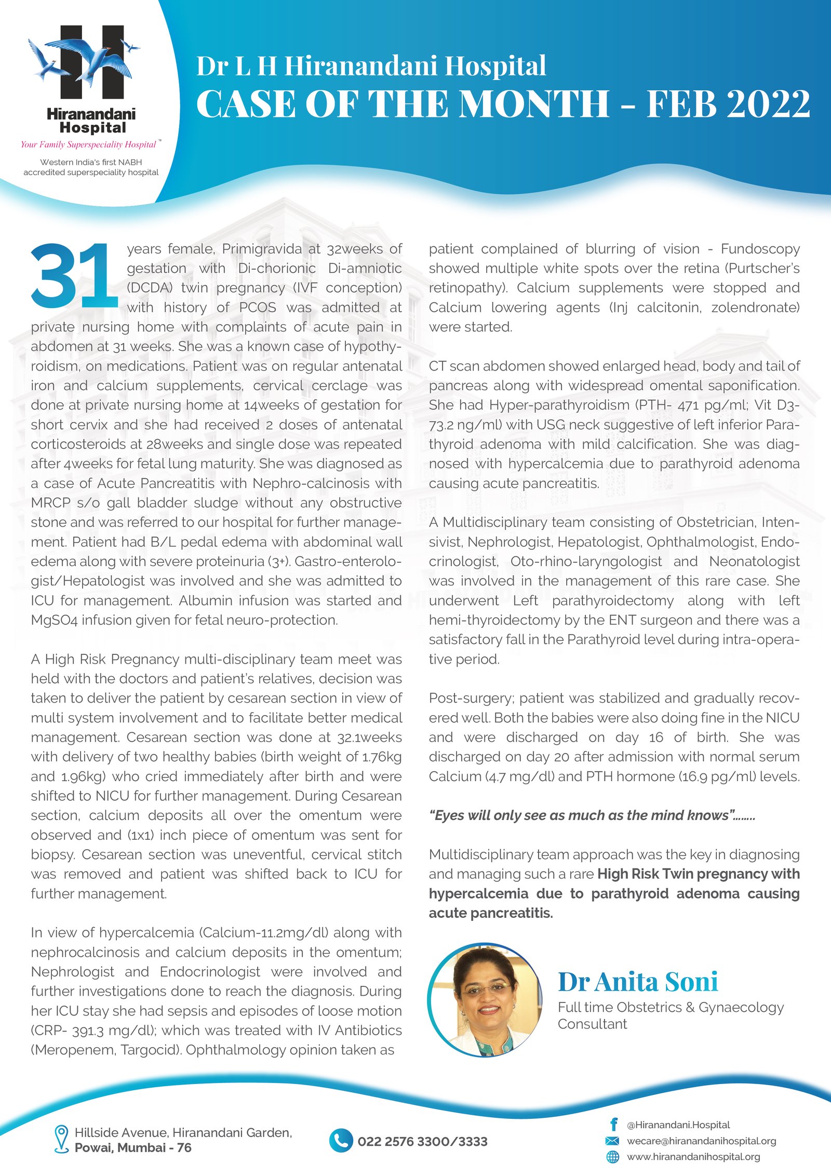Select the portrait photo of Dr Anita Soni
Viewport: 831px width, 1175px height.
[x=484, y=1000]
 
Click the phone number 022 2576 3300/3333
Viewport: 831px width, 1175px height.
[x=422, y=1141]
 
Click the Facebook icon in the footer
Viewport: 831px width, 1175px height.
[x=613, y=1125]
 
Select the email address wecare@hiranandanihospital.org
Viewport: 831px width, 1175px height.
[x=701, y=1141]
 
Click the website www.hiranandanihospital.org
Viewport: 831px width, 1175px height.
[x=693, y=1157]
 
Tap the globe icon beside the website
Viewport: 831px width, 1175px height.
[x=613, y=1157]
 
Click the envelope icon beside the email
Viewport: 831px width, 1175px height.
[x=613, y=1141]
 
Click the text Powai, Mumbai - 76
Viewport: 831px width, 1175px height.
[x=133, y=1147]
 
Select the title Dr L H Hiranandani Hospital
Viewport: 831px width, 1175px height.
[x=371, y=66]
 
